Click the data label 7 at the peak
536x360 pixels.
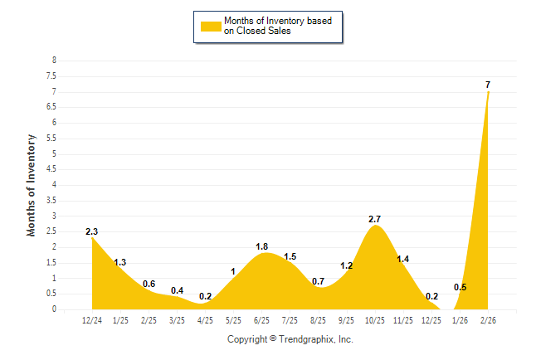(x=488, y=85)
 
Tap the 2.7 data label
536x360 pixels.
(x=374, y=219)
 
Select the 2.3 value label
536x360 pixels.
(x=92, y=231)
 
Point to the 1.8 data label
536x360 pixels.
(x=261, y=246)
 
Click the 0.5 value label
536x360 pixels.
(x=460, y=288)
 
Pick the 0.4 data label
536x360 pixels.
(x=177, y=290)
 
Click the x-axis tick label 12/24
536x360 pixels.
(x=92, y=319)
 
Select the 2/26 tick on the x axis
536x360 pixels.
(x=488, y=319)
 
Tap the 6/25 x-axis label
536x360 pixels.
(x=261, y=319)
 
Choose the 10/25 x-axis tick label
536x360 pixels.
(x=374, y=319)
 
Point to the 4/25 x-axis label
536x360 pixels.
(x=205, y=319)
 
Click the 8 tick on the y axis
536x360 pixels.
(x=54, y=61)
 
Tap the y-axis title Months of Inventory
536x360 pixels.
(x=32, y=184)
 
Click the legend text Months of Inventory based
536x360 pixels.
(x=277, y=20)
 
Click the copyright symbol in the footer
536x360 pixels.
(x=274, y=338)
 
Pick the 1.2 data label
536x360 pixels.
(x=347, y=265)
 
